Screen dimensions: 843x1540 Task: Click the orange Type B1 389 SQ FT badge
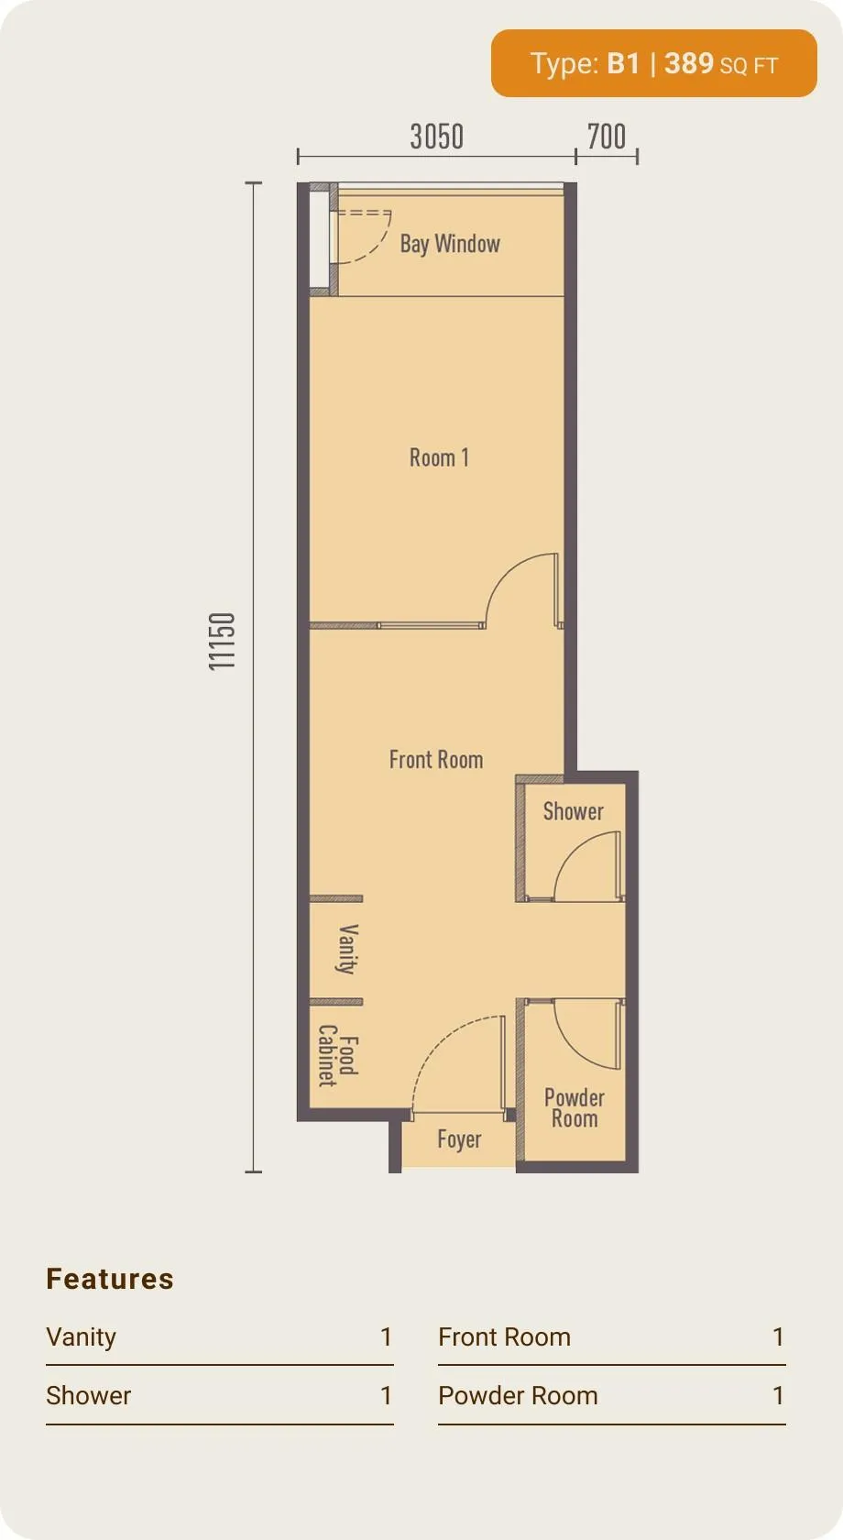654,63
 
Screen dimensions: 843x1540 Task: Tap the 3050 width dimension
437,137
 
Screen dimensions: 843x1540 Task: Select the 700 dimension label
607,137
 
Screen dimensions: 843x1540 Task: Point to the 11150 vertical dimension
222,642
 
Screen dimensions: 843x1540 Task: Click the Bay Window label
450,244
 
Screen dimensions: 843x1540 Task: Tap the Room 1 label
439,457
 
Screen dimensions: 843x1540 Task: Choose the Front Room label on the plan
436,760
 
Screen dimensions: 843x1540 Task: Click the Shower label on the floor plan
574,811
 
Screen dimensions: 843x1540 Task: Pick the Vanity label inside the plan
347,950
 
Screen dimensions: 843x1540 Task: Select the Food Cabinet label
338,1055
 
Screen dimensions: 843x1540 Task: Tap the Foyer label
460,1140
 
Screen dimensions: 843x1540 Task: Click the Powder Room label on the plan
575,1107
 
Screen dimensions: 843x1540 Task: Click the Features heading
110,1279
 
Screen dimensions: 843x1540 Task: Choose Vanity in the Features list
81,1337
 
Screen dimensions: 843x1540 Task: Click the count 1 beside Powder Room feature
778,1395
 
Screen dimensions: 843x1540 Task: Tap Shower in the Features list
89,1395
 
